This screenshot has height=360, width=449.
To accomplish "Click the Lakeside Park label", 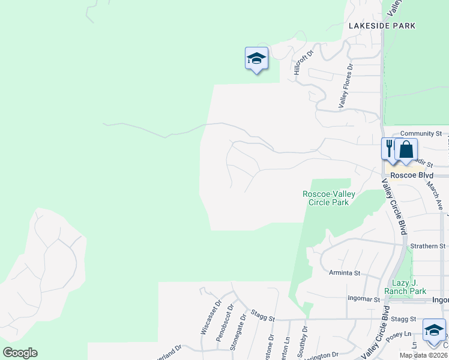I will (x=382, y=26).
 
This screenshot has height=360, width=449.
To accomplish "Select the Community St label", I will (x=421, y=134).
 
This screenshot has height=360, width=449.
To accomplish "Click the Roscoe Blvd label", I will (x=408, y=176).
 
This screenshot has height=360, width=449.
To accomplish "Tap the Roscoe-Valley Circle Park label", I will (x=328, y=198).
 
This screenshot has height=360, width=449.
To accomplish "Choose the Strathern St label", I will (x=427, y=246).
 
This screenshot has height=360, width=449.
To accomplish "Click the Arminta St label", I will (x=345, y=273).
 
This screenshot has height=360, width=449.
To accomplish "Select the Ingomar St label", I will (x=364, y=298).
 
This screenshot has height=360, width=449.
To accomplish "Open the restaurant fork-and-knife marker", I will (x=389, y=148).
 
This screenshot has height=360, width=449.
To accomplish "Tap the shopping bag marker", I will (x=406, y=149).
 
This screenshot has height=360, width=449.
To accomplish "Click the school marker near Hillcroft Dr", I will (x=256, y=58).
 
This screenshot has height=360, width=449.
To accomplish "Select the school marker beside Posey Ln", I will (x=434, y=330).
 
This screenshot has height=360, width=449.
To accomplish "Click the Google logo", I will (x=20, y=353).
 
